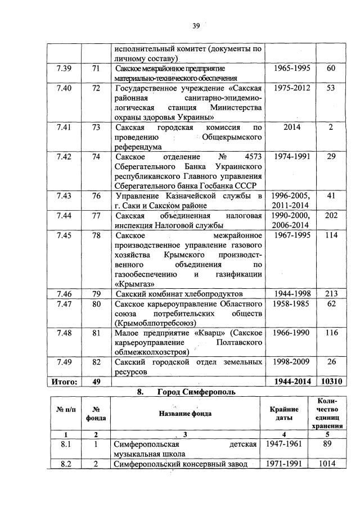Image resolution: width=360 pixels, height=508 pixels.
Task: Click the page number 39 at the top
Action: click(196, 25)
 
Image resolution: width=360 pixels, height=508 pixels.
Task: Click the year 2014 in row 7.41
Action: click(291, 127)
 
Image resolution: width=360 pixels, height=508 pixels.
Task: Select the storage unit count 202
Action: click(331, 215)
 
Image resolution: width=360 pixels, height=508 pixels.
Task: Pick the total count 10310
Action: click(331, 382)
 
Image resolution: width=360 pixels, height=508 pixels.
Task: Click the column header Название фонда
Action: click(187, 414)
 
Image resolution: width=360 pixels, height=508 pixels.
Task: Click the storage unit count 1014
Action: click(331, 464)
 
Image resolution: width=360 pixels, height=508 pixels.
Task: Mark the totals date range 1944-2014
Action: click(291, 382)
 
